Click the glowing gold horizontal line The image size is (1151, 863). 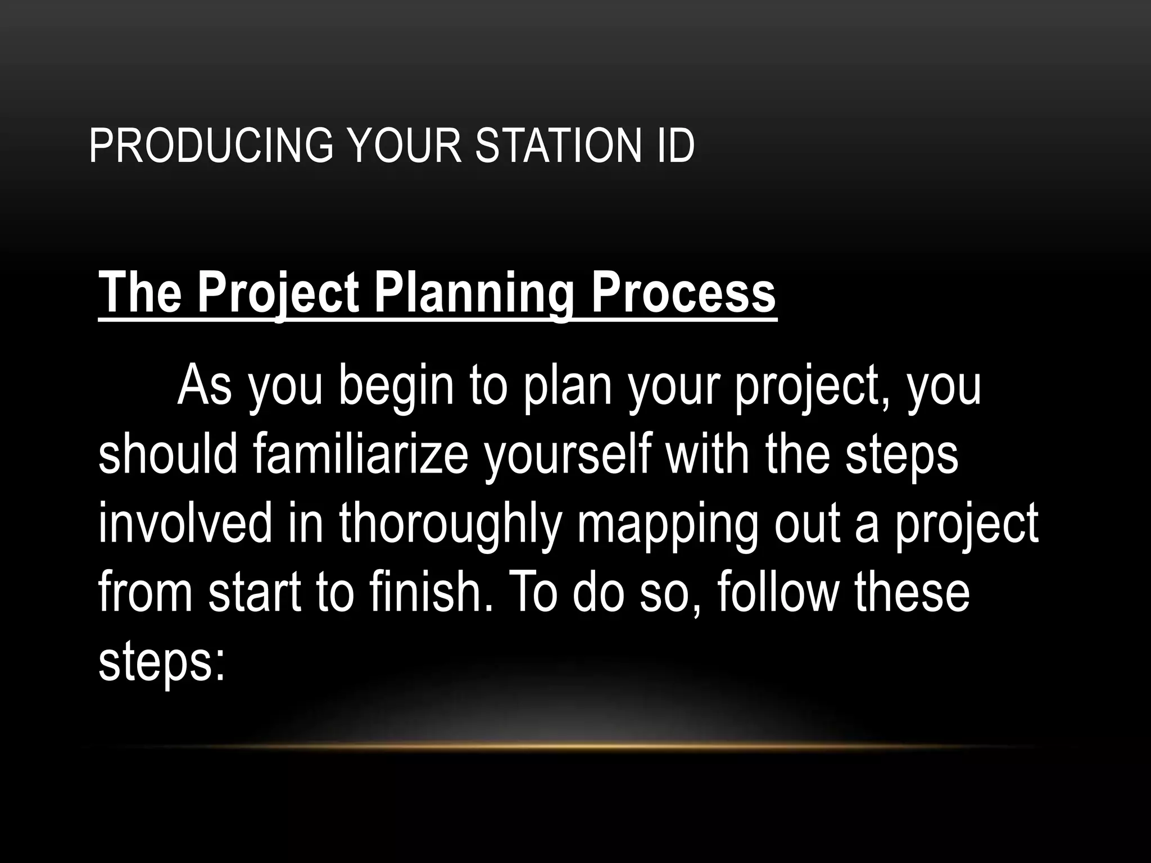(575, 746)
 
